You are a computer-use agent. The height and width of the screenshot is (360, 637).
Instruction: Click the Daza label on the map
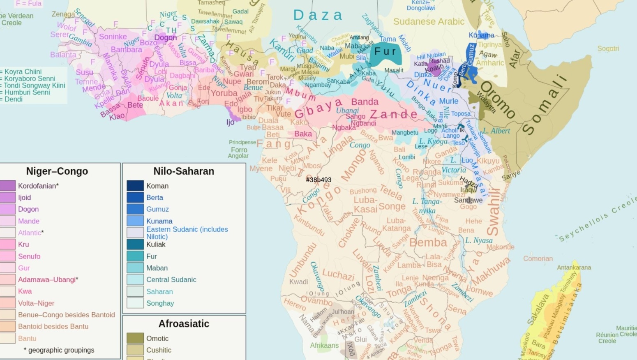[318, 16]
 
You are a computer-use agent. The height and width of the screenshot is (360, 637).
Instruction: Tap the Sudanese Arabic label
[429, 21]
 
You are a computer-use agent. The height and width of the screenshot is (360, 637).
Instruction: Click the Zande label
[393, 114]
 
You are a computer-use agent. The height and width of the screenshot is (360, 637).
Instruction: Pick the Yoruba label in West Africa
[224, 93]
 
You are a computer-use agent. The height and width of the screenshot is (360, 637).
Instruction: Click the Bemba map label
[428, 242]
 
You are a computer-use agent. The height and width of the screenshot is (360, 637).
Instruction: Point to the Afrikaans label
[324, 345]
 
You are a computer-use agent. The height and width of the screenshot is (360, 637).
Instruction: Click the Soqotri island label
[608, 48]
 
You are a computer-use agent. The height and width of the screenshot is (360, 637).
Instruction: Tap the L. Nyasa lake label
[479, 240]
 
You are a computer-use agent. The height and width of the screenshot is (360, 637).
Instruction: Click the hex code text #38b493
[318, 180]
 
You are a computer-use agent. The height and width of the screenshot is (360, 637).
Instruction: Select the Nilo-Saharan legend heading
[184, 171]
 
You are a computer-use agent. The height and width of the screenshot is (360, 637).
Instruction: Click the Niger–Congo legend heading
[57, 171]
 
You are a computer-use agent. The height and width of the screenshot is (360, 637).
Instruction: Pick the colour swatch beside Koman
[135, 186]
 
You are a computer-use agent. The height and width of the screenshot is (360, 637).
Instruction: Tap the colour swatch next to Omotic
[135, 338]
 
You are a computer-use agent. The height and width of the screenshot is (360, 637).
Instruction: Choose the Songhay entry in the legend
[160, 303]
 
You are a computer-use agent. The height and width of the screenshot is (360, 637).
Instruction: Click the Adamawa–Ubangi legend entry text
[47, 279]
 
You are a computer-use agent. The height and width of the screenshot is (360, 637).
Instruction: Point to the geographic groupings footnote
[59, 350]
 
